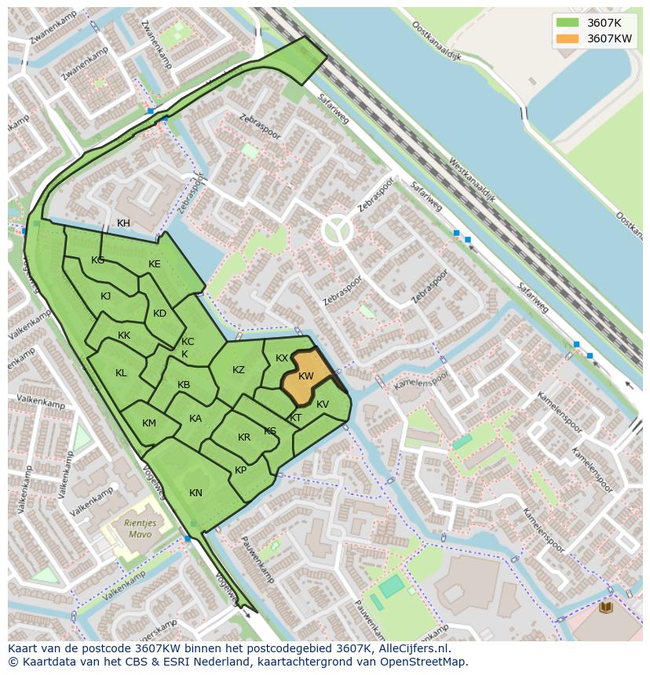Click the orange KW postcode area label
(306, 377)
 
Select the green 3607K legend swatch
(567, 23)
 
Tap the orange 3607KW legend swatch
(567, 38)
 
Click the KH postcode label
(123, 223)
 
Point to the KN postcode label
(195, 493)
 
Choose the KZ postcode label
(239, 370)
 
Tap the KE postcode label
(155, 264)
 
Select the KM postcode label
(149, 423)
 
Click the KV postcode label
(323, 405)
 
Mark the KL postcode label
(121, 373)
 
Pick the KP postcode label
(240, 470)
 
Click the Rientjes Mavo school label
(140, 528)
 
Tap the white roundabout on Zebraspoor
(338, 230)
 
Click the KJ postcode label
(105, 296)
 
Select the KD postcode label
(159, 314)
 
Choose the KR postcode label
(244, 437)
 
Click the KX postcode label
(282, 358)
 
